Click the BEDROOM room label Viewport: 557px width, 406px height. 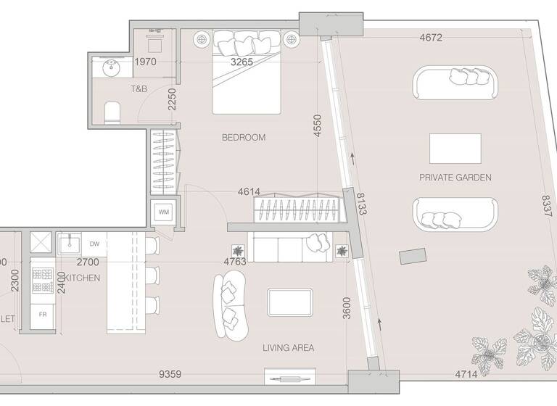(244, 137)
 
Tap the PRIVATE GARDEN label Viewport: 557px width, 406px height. (455, 177)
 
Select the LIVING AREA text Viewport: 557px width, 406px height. (289, 348)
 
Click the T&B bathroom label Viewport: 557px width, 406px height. (139, 89)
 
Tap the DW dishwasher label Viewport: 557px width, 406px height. (94, 244)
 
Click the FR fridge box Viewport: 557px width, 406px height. (43, 315)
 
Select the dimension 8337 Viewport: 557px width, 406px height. (548, 210)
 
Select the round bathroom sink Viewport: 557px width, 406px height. (112, 70)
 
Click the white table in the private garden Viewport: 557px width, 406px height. (455, 149)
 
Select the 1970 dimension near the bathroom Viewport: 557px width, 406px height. (145, 62)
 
